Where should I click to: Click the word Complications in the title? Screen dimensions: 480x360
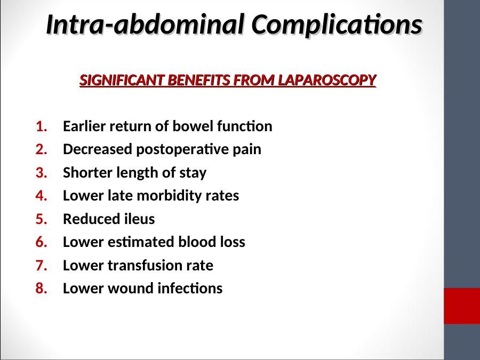337,25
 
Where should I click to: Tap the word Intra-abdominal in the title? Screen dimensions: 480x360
146,24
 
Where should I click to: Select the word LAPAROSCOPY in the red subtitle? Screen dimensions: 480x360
327,80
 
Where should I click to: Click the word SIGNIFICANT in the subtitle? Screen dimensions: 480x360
122,80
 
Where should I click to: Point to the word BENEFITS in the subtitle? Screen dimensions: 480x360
199,80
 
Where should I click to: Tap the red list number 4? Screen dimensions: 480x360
41,196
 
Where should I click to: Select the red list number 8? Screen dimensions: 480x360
41,289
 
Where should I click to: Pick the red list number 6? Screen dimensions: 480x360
41,242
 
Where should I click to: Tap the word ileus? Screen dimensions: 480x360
139,219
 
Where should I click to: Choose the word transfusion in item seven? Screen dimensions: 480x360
145,266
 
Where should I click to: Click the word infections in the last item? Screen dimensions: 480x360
190,289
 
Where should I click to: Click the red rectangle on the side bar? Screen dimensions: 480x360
462,306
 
